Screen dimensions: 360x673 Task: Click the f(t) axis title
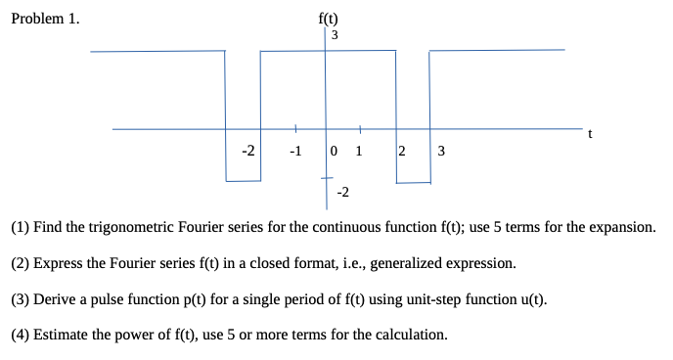pyautogui.click(x=329, y=18)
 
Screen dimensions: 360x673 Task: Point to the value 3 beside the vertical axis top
pyautogui.click(x=336, y=36)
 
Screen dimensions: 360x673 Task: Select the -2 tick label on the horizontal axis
pyautogui.click(x=249, y=151)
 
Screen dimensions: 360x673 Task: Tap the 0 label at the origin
pyautogui.click(x=336, y=151)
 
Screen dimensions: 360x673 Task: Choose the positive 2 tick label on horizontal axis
pyautogui.click(x=402, y=151)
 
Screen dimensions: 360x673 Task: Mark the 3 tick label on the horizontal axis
pyautogui.click(x=441, y=151)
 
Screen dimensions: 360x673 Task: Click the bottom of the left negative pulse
pyautogui.click(x=243, y=181)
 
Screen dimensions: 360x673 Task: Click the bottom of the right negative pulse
pyautogui.click(x=413, y=181)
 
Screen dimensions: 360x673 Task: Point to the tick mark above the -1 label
pyautogui.click(x=295, y=128)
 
